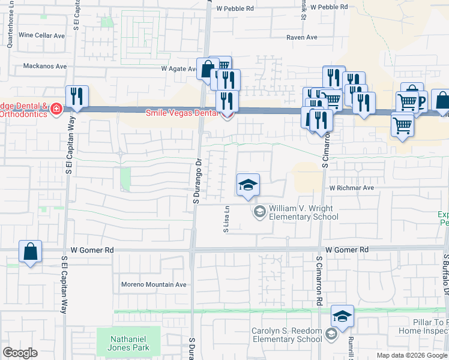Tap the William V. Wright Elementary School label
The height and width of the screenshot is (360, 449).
[300, 212]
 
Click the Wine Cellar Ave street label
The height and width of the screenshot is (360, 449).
[41, 35]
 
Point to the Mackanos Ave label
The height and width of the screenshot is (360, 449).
[45, 66]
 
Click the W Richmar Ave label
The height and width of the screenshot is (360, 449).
[351, 188]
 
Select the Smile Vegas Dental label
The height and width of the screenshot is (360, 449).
[184, 112]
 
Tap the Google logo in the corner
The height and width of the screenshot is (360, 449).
[20, 353]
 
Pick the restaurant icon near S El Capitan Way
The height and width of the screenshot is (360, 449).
[77, 96]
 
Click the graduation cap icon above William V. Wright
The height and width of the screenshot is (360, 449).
[247, 185]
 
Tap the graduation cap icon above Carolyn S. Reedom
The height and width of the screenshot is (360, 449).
[342, 316]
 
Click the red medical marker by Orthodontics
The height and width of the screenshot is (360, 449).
[56, 109]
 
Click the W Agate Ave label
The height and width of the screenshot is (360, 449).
[179, 68]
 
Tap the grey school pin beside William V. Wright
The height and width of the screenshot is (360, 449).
[260, 211]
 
